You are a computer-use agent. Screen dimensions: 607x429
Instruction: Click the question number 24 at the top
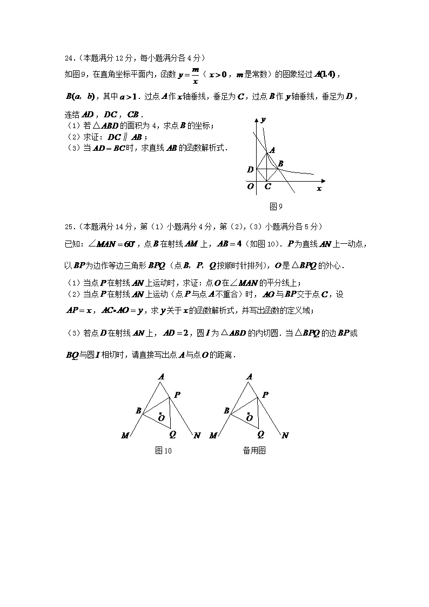click(68, 58)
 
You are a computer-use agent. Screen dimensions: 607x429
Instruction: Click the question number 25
click(68, 226)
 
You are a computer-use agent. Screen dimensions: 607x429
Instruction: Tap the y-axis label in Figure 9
click(263, 119)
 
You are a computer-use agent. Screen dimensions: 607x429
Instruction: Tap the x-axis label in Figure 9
click(319, 189)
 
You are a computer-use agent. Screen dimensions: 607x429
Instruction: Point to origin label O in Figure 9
click(250, 186)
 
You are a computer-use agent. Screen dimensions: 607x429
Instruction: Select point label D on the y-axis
click(250, 170)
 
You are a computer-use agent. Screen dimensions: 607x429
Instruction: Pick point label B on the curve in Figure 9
click(280, 163)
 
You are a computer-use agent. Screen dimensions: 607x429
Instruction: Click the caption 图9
click(276, 206)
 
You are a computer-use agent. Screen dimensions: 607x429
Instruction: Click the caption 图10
click(163, 450)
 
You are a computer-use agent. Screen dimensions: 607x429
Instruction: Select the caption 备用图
click(254, 450)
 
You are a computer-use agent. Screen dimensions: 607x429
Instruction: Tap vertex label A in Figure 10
click(161, 377)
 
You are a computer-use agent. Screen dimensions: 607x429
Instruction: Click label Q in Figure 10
click(172, 433)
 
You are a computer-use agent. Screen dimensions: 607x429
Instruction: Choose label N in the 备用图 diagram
click(285, 436)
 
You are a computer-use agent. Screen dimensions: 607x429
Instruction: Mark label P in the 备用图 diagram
click(265, 395)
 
